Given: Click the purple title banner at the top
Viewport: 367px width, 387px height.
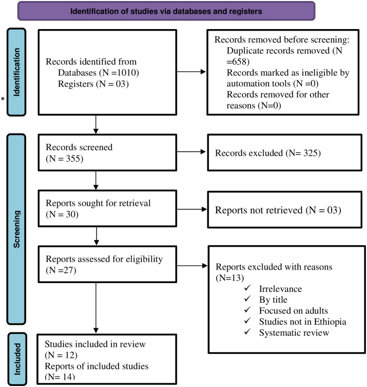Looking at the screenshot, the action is tap(166, 11).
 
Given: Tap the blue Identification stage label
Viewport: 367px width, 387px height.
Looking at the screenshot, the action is tap(17, 72).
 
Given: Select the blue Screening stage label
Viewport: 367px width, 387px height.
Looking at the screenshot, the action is tap(17, 229).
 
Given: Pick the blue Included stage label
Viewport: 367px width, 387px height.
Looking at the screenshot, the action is tap(17, 359).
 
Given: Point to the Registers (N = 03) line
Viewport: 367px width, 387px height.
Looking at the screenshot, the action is tap(94, 84).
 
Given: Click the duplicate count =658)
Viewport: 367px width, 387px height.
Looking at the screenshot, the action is tap(238, 61).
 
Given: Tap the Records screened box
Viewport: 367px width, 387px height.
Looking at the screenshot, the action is tap(108, 153).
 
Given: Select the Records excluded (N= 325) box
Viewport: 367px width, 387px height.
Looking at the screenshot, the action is tap(285, 153).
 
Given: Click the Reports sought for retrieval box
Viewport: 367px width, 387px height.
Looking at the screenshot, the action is tap(108, 208).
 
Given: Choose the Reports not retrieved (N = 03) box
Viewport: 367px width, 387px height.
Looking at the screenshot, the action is tap(285, 209).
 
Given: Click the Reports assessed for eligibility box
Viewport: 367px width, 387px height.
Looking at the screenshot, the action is tap(108, 264).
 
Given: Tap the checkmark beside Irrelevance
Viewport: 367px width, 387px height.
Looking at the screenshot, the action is tap(247, 288).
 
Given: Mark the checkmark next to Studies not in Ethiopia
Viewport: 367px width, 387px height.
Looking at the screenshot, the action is tap(247, 321).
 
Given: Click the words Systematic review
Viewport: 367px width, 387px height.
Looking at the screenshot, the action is tap(294, 332).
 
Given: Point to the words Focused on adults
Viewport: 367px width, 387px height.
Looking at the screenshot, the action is tap(293, 311).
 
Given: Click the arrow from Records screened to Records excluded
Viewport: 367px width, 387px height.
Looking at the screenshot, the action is tap(191, 152).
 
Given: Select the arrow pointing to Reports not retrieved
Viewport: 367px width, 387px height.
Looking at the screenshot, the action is tap(192, 209).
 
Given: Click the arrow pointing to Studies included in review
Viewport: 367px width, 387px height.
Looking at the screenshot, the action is tap(96, 308).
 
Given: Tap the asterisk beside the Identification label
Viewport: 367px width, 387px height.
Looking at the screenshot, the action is tap(3, 99).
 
